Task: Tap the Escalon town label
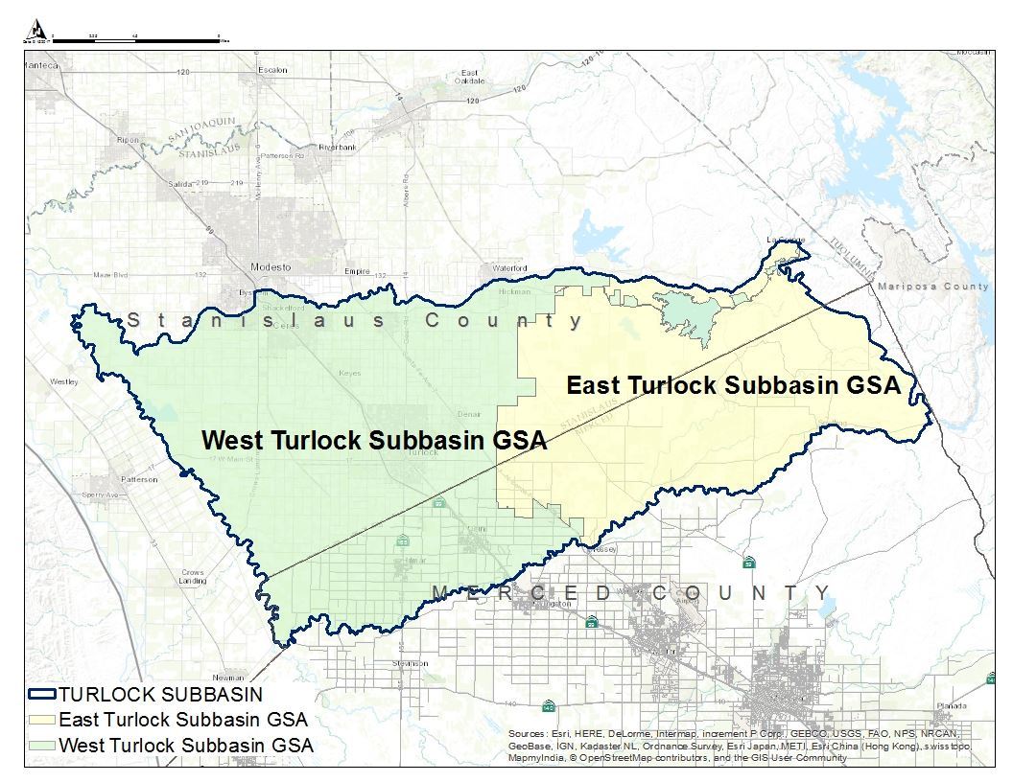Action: point(272,70)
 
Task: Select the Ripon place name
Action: point(128,140)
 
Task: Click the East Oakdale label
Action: point(470,77)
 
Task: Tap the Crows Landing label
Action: point(193,576)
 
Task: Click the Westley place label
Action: point(63,381)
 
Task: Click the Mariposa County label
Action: point(938,287)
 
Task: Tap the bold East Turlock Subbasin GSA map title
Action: point(733,385)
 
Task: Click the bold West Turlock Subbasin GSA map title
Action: point(374,440)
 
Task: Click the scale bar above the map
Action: point(134,37)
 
